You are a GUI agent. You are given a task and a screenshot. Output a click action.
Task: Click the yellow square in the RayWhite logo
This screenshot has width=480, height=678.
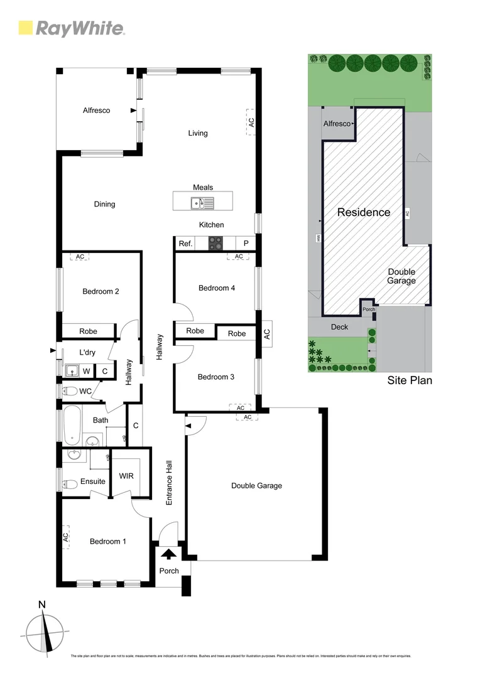click(25, 28)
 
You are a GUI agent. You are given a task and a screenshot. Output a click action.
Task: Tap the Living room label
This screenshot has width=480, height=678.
click(198, 133)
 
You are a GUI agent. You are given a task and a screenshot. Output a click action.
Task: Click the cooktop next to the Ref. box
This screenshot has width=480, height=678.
click(216, 243)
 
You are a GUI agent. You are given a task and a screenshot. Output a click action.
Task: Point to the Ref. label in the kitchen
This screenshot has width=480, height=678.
click(185, 244)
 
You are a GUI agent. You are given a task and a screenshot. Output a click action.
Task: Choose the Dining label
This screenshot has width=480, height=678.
click(104, 204)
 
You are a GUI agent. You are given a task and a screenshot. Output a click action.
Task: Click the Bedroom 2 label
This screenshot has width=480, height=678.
click(101, 291)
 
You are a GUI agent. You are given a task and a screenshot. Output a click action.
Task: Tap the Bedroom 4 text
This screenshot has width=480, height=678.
click(217, 288)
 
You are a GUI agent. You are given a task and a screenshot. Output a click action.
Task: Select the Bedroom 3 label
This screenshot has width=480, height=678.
click(216, 377)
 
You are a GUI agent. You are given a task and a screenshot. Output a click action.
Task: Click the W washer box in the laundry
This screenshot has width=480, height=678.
click(85, 371)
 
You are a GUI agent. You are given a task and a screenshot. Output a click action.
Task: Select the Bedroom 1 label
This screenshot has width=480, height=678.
click(107, 541)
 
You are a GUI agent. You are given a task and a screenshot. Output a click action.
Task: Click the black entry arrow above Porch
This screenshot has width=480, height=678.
click(168, 554)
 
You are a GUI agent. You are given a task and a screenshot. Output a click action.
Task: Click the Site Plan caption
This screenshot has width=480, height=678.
click(410, 380)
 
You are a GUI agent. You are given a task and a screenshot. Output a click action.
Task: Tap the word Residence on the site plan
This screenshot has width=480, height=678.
click(364, 212)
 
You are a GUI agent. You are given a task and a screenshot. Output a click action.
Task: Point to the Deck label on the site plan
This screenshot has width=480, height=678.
click(339, 327)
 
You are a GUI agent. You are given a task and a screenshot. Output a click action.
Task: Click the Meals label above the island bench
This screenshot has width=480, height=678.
click(203, 187)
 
